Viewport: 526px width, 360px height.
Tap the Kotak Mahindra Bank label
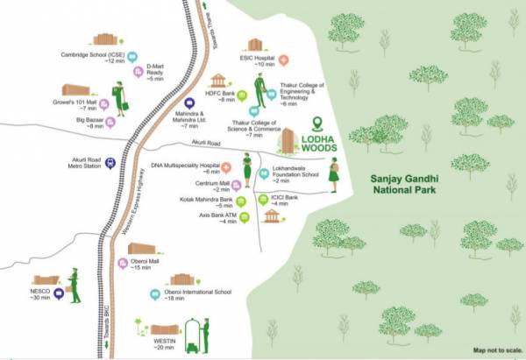(208, 203)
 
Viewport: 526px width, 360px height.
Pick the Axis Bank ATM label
(218, 218)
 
